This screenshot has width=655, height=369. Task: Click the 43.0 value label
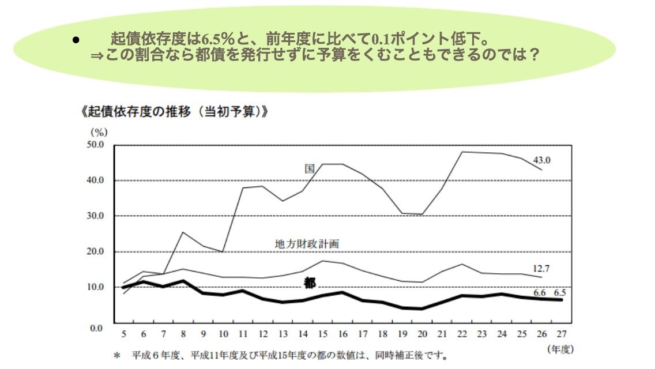pyautogui.click(x=541, y=160)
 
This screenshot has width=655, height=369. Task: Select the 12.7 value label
pyautogui.click(x=541, y=268)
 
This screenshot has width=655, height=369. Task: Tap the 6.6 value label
pyautogui.click(x=539, y=292)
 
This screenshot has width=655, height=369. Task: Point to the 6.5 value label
pyautogui.click(x=559, y=292)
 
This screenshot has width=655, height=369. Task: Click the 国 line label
pyautogui.click(x=310, y=168)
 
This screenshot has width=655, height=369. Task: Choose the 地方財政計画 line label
pyautogui.click(x=307, y=244)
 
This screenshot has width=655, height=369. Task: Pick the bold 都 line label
pyautogui.click(x=310, y=283)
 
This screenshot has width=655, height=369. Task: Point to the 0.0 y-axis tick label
pyautogui.click(x=96, y=328)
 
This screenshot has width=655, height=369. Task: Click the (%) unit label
pyautogui.click(x=99, y=132)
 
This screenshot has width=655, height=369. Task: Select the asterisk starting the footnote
pyautogui.click(x=116, y=356)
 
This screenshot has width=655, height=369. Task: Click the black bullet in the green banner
pyautogui.click(x=75, y=40)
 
